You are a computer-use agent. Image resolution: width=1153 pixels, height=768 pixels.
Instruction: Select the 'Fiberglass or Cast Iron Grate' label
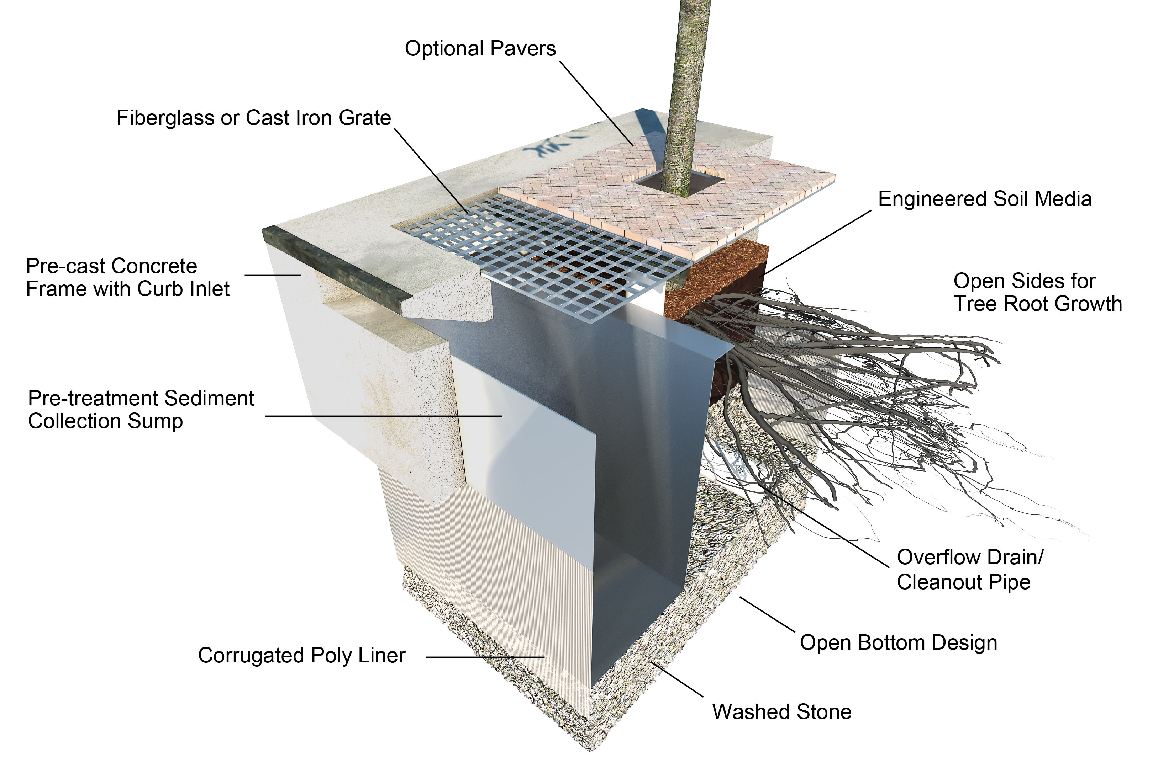(x=253, y=118)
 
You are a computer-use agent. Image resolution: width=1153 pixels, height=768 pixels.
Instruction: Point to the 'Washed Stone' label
(x=781, y=712)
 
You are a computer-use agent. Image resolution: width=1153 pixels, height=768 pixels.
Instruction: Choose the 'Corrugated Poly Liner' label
(x=301, y=655)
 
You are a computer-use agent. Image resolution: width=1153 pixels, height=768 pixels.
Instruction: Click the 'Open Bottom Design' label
(x=898, y=642)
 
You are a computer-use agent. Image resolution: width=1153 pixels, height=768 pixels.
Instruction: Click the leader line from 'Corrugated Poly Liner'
(x=485, y=657)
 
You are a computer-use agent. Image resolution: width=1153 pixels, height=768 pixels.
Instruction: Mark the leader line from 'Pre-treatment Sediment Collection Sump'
(x=382, y=416)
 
